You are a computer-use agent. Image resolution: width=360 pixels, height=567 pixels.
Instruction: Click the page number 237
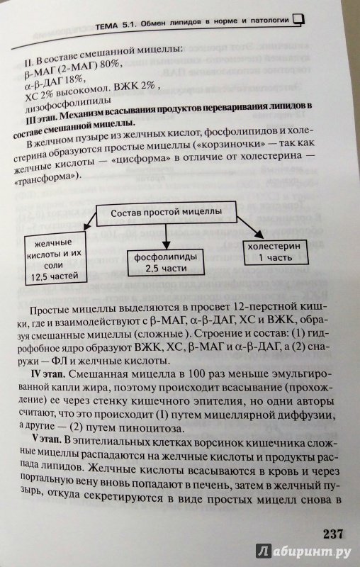point(333,534)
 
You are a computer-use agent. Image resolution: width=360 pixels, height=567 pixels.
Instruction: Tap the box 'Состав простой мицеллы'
point(166,213)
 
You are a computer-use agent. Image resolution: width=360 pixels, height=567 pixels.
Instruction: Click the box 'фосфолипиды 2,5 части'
point(166,262)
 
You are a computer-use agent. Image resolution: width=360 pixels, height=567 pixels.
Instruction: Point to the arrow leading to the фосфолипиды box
point(166,237)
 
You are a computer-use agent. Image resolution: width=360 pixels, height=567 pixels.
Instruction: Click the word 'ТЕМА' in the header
point(107,26)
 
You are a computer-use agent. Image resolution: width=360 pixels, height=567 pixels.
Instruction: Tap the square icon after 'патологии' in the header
point(298,20)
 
